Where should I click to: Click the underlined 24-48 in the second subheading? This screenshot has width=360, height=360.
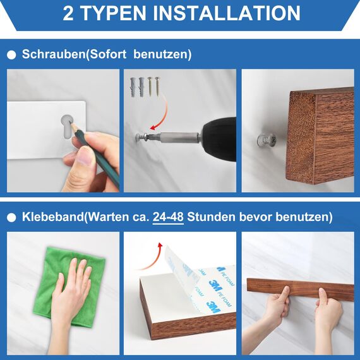(168, 217)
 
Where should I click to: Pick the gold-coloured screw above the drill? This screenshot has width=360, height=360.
(157, 86)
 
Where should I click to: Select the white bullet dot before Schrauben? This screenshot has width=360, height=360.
(11, 56)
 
